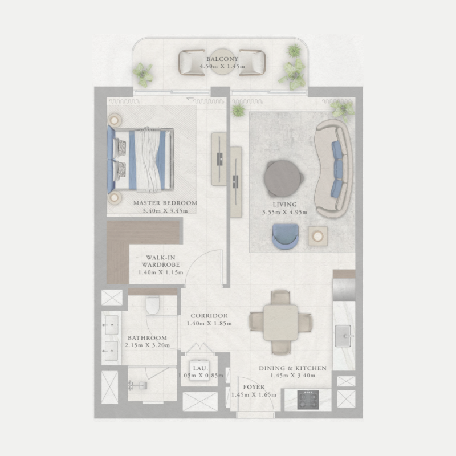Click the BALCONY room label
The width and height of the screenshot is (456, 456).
(x=222, y=59)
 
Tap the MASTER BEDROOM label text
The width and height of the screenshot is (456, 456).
(x=165, y=203)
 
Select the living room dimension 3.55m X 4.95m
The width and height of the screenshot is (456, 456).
(x=284, y=213)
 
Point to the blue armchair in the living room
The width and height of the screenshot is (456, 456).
(x=285, y=235)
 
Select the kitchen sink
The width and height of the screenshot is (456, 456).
(x=344, y=335)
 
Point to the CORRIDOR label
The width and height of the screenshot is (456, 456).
(x=209, y=316)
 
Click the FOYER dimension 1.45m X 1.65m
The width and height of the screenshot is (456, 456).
(x=254, y=394)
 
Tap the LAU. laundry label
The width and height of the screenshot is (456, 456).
(x=200, y=368)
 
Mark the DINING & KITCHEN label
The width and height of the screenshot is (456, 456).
(x=292, y=368)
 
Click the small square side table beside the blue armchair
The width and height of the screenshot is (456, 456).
(x=317, y=235)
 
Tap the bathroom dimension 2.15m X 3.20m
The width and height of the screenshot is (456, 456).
(x=147, y=345)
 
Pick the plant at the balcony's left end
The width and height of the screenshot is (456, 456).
(x=143, y=73)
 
